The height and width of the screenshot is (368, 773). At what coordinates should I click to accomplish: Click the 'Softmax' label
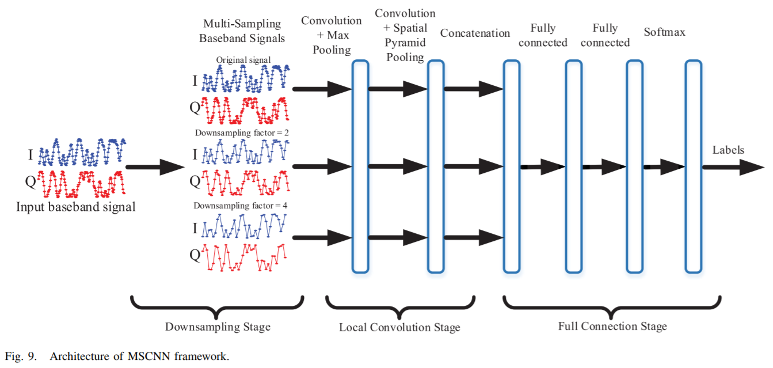[664, 32]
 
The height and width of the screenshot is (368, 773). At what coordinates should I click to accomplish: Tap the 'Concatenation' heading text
[475, 33]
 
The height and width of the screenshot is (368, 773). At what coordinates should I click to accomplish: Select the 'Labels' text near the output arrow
[728, 150]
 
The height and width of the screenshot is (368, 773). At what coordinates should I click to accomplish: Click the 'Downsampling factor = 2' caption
[242, 133]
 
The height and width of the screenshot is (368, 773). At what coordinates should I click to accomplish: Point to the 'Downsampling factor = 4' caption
[240, 206]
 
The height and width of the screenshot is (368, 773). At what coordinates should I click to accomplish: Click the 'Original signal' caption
[243, 60]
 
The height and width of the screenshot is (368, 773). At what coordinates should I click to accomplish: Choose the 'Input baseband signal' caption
[75, 207]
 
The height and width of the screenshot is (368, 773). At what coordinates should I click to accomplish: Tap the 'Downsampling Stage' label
[218, 327]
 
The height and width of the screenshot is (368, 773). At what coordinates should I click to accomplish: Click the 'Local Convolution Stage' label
[399, 327]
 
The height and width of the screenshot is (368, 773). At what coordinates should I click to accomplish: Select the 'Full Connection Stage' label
[612, 326]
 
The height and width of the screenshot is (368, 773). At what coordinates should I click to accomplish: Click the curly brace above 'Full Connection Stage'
[611, 308]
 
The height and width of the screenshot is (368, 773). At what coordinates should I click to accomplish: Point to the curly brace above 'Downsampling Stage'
[217, 308]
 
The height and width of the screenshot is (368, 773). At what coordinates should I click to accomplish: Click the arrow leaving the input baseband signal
[155, 167]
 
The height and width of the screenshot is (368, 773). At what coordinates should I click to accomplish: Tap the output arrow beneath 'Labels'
[733, 168]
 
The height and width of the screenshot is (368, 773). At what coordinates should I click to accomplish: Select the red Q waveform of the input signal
[81, 184]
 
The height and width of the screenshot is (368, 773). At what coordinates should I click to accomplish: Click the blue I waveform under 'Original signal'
[246, 78]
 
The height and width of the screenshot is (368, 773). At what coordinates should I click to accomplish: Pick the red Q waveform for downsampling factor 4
[244, 257]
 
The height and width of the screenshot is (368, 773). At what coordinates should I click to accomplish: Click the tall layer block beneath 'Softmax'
[694, 167]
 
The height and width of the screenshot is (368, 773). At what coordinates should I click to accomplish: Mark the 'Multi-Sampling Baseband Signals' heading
[242, 31]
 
